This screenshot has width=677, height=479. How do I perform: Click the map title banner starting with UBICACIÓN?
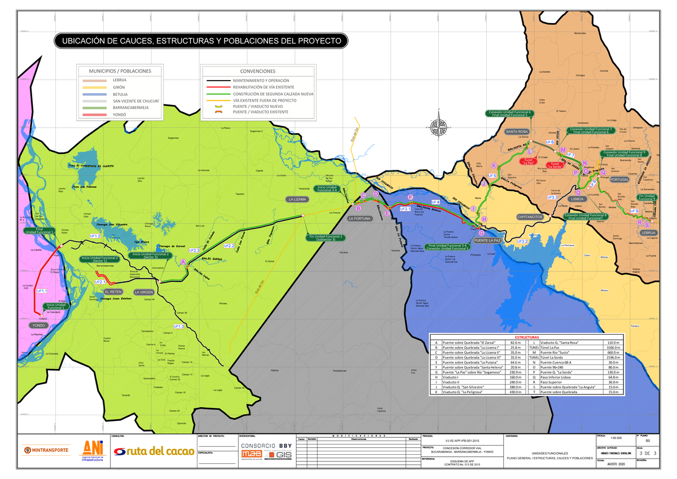(200, 41)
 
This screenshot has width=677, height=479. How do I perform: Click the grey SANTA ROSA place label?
(516, 131)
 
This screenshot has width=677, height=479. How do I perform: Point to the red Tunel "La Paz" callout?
(529, 161)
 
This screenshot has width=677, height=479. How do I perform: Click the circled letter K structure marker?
(494, 165)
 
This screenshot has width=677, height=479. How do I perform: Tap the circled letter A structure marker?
(182, 261)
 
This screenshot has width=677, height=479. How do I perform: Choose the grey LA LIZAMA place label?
(297, 200)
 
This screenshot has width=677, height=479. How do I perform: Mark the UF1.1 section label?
(42, 291)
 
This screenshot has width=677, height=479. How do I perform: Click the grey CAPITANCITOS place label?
(530, 217)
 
